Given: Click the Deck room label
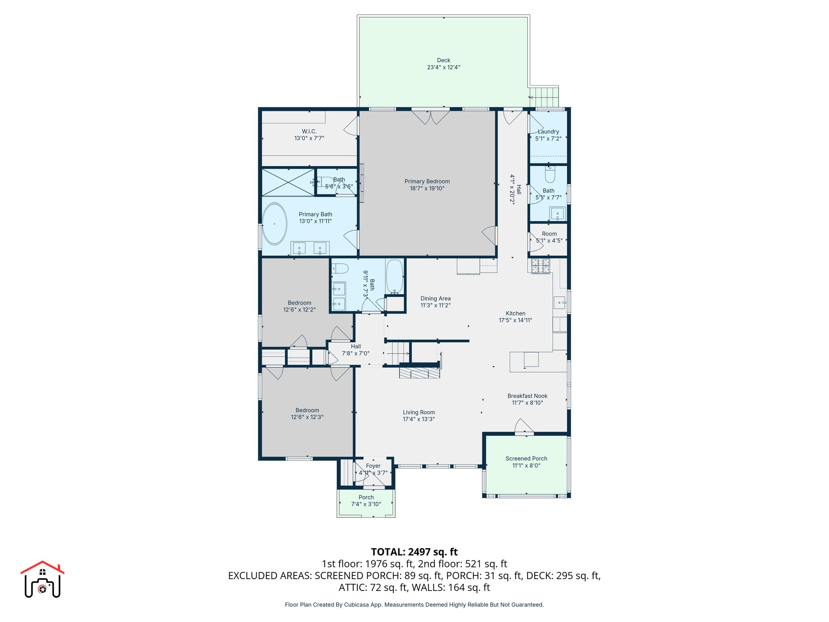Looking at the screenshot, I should tap(443, 60).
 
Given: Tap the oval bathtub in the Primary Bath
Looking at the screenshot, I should tap(274, 224).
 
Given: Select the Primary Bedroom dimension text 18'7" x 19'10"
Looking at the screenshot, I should tap(427, 188).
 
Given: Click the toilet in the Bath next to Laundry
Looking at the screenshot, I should tap(550, 175).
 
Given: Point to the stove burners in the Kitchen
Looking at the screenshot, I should tap(540, 266).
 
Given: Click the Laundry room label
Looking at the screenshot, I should tap(549, 132).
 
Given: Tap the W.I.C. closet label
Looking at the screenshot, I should tap(309, 131).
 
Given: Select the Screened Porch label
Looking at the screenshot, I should tap(526, 458).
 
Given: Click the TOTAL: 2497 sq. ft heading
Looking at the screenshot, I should tap(414, 552).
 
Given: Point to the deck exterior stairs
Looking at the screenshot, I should tap(545, 97).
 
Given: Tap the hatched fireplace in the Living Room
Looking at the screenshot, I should tap(419, 373).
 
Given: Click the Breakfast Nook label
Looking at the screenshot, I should tap(527, 396).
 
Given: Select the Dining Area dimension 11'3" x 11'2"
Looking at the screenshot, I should tap(436, 305).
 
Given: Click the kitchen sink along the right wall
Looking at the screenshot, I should tap(559, 302).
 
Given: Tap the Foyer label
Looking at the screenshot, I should tap(373, 466).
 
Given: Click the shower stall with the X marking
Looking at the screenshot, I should tap(288, 182).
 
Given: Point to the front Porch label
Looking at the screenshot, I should tap(366, 497).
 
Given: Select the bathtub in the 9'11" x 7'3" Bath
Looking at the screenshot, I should tap(394, 277).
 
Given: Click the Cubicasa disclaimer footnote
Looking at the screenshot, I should tap(414, 605).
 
